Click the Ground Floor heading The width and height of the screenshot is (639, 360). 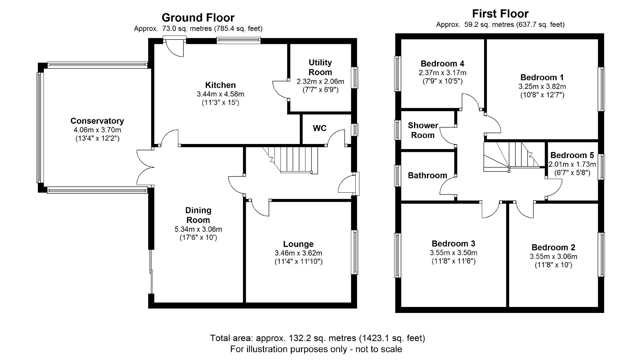(198, 18)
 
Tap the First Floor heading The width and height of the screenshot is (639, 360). (500, 14)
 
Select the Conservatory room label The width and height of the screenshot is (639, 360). (97, 121)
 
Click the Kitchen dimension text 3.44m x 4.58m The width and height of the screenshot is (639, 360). (220, 94)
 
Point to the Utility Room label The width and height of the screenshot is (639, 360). (320, 67)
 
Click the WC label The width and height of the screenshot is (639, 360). (319, 128)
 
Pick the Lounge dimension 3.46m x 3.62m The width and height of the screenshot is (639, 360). (298, 253)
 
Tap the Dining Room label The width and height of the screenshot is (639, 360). (198, 215)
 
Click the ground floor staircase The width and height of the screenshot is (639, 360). (293, 159)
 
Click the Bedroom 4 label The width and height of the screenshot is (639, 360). (442, 64)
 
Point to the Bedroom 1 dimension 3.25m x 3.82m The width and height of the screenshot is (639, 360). (542, 87)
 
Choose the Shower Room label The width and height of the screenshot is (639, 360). (423, 130)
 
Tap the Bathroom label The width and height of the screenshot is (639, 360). (427, 176)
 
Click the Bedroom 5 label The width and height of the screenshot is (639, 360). (572, 155)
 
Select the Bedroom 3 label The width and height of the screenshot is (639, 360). (453, 244)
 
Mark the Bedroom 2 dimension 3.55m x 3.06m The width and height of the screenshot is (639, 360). (553, 257)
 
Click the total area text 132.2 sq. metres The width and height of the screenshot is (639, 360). (317, 339)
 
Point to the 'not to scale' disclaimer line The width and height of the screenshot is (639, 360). (316, 349)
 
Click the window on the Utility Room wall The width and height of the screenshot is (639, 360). (355, 77)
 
